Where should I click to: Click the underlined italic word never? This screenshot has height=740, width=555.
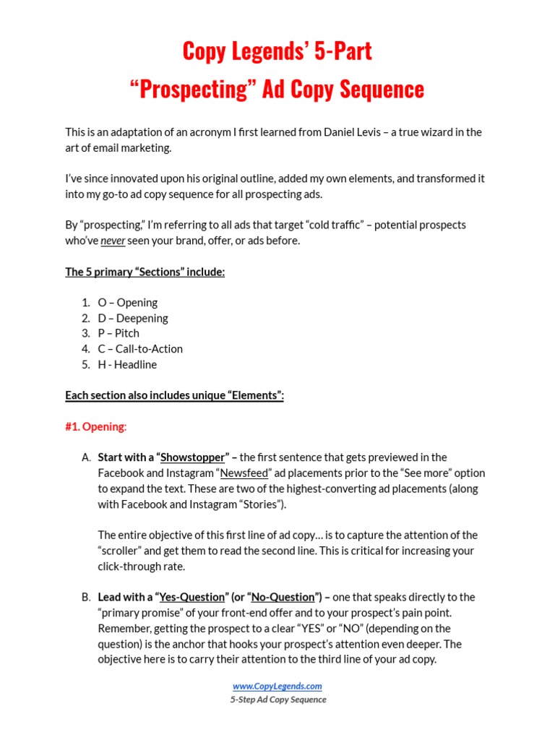pos(113,241)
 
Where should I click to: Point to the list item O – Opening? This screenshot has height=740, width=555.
pos(128,303)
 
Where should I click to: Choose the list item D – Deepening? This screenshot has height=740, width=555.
pos(133,318)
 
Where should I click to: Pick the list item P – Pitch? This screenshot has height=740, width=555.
pos(119,333)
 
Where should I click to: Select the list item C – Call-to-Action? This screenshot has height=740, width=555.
pos(140,349)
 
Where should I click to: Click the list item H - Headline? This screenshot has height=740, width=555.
pos(127,364)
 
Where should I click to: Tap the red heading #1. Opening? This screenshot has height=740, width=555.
pos(95,426)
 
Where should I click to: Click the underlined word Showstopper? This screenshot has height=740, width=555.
pos(192,457)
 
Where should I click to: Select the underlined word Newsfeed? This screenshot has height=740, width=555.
pos(244,473)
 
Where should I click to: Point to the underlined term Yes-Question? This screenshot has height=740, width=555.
pos(192,598)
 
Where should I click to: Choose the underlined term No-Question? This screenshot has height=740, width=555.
pos(283,598)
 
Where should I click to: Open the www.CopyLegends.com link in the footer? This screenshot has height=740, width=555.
pos(277,687)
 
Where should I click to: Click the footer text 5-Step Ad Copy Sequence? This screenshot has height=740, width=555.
pos(278,700)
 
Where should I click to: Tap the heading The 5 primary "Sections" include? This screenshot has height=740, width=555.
pos(145,272)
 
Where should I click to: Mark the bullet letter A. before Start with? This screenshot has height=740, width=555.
pos(87,457)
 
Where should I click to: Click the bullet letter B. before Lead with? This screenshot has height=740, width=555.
pos(87,598)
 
